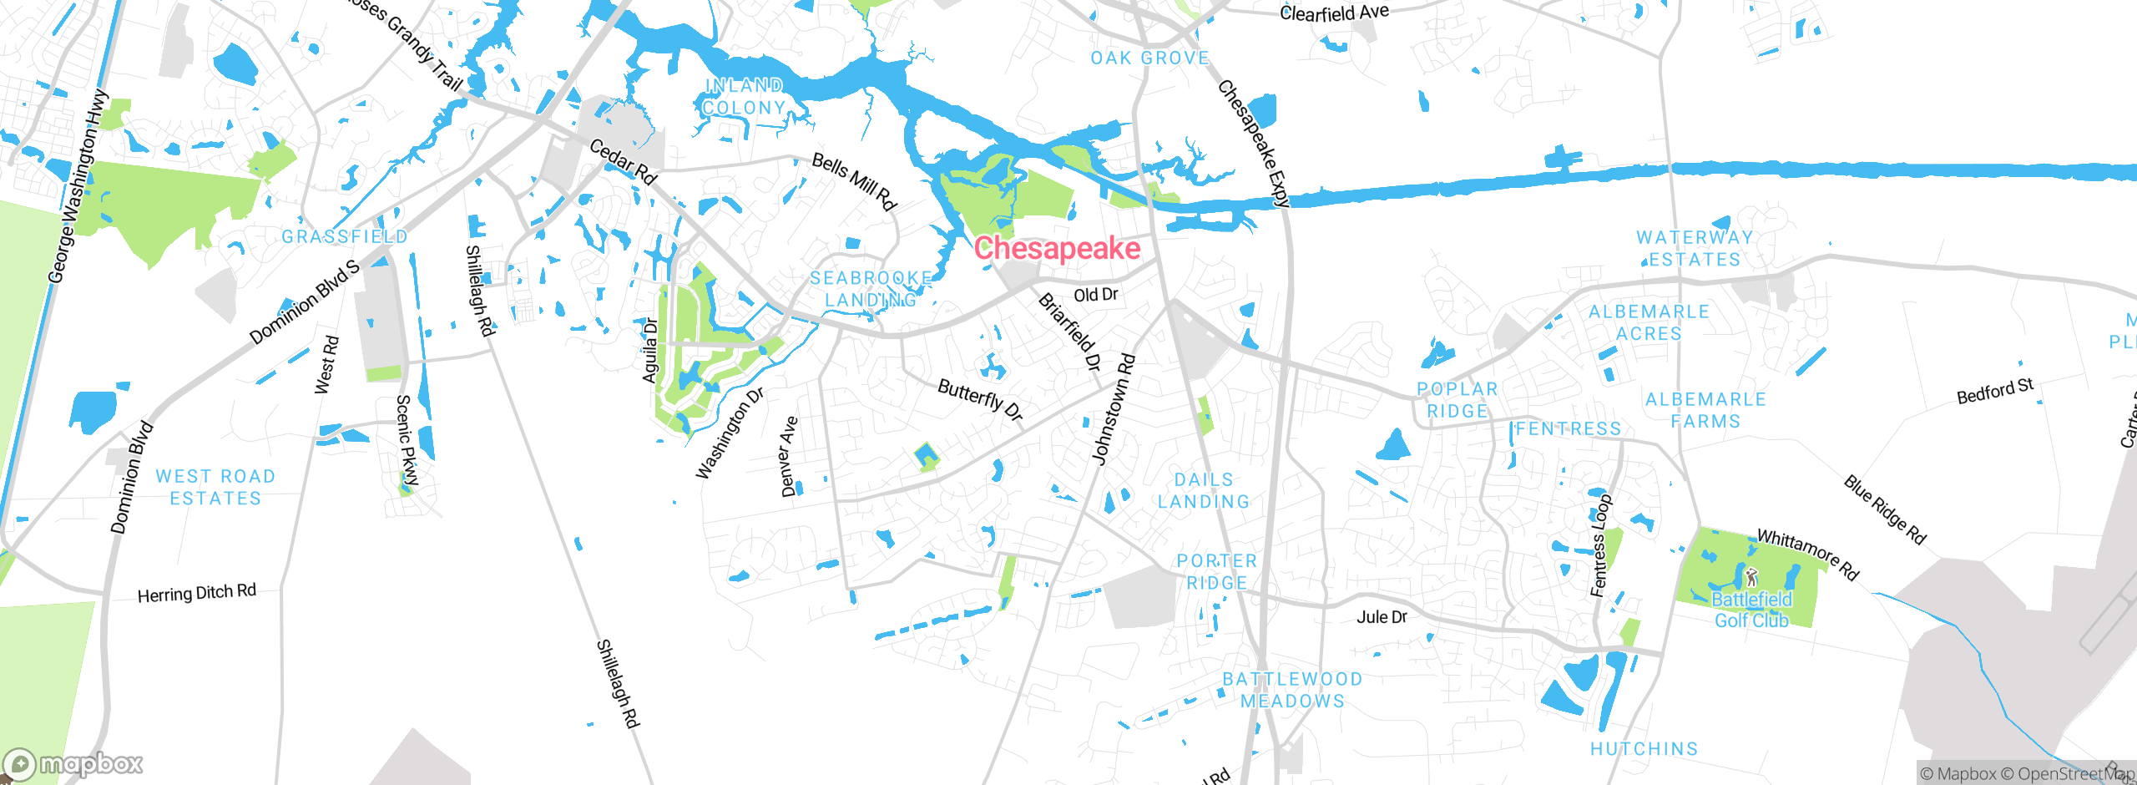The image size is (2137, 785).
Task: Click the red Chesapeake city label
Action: click(x=1057, y=248)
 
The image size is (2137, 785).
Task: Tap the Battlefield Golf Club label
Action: click(x=1751, y=610)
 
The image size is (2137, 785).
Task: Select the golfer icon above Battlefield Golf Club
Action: click(x=1751, y=577)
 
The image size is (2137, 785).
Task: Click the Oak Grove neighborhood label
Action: click(x=1149, y=58)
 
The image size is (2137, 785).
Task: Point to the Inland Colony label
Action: click(x=743, y=97)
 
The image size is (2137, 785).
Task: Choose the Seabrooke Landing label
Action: click(x=871, y=289)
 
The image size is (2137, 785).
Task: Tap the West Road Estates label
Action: click(x=215, y=487)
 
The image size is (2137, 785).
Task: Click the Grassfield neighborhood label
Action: click(x=344, y=237)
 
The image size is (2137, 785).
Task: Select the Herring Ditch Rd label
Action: click(x=196, y=594)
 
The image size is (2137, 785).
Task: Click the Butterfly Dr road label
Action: click(x=980, y=399)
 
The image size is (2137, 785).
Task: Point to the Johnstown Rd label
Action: click(x=1114, y=409)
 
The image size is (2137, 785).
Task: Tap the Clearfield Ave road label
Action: click(x=1334, y=13)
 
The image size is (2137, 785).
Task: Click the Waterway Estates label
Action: click(x=1695, y=249)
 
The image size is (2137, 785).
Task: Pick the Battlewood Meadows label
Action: click(x=1292, y=690)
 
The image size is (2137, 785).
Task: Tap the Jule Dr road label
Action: click(x=1382, y=617)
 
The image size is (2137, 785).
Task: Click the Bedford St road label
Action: click(x=1995, y=391)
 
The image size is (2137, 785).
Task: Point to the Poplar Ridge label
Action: click(x=1457, y=400)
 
